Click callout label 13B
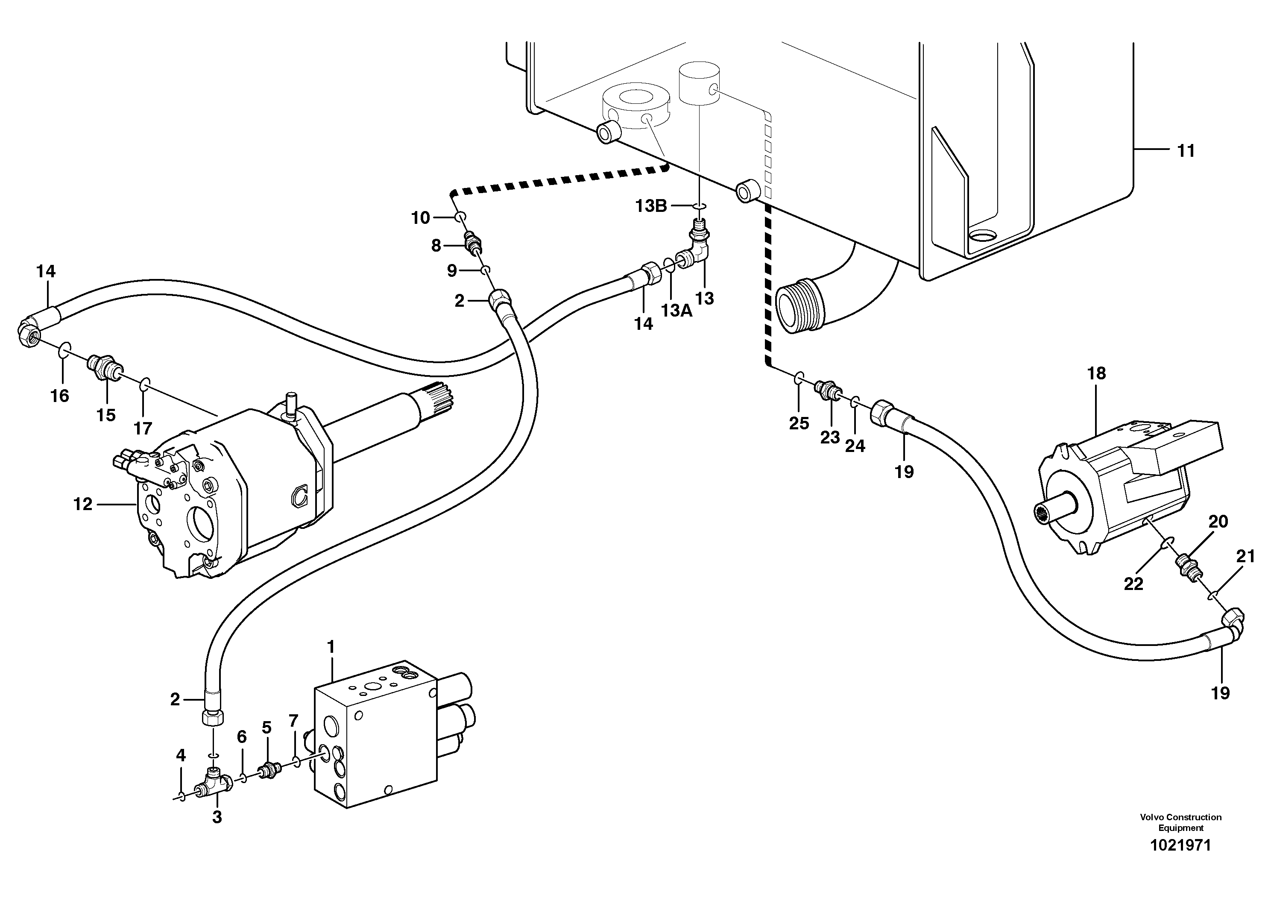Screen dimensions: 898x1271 [x=650, y=206]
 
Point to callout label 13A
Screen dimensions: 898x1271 [x=676, y=311]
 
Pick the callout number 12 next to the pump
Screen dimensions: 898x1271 [x=83, y=505]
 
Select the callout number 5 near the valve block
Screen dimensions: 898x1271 [x=267, y=728]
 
